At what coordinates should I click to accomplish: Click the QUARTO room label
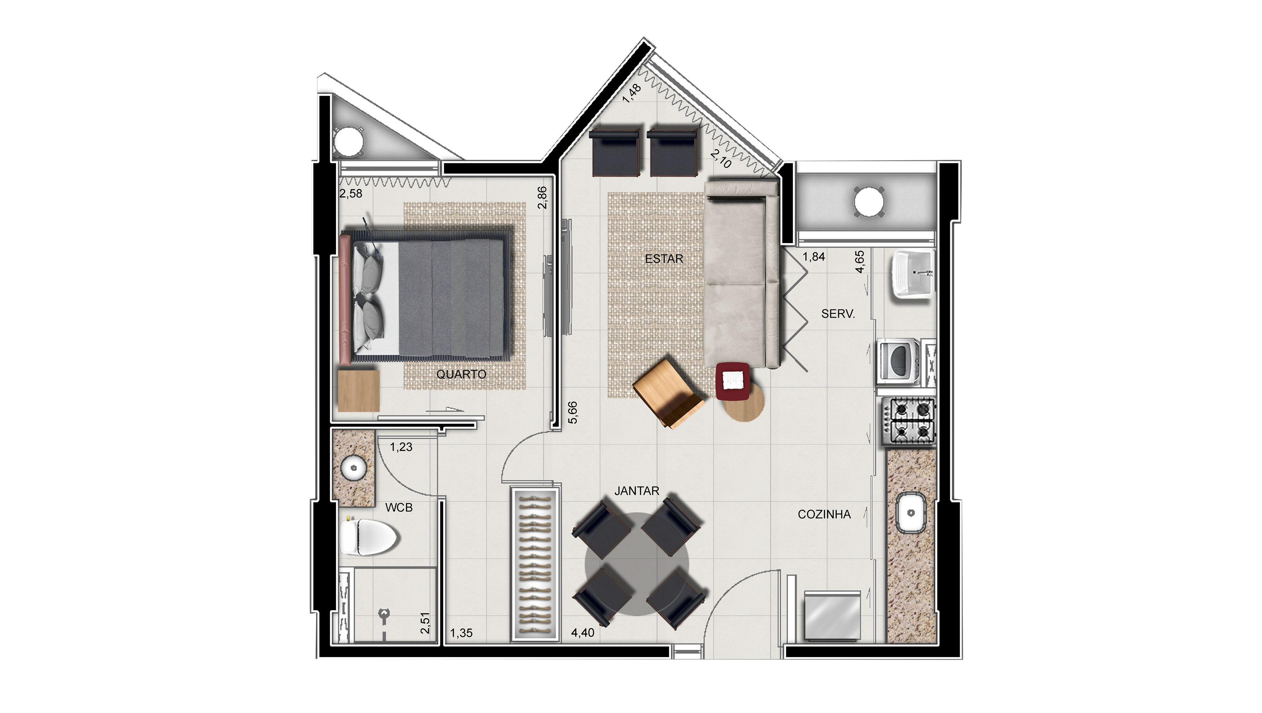[x=461, y=374]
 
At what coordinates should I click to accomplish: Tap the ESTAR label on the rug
[x=664, y=259]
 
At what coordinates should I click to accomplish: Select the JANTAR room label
[x=637, y=491]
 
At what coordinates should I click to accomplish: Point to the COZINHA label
[x=824, y=515]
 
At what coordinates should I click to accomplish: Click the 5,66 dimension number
[x=573, y=413]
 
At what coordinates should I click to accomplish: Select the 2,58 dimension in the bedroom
[x=351, y=193]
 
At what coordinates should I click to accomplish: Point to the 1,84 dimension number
[x=814, y=257]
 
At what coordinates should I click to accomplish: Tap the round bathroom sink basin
[x=354, y=468]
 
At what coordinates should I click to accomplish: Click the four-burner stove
[x=909, y=422]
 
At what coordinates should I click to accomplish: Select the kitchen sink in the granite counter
[x=911, y=513]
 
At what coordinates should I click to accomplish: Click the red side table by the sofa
[x=732, y=381]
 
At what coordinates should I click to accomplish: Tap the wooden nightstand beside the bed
[x=359, y=391]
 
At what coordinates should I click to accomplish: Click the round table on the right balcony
[x=869, y=201]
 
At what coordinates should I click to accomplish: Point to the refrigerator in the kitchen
[x=833, y=616]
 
